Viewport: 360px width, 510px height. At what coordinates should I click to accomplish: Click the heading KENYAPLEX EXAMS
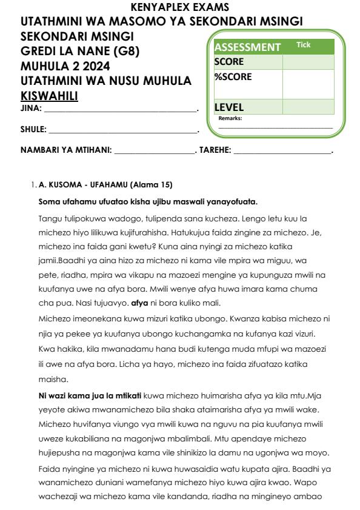[180, 7]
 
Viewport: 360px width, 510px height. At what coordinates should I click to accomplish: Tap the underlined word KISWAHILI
[50, 96]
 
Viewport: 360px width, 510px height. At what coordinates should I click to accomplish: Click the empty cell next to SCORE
[308, 62]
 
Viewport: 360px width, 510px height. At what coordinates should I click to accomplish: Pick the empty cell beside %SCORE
[308, 84]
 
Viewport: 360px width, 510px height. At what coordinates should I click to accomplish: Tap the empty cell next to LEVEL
[308, 107]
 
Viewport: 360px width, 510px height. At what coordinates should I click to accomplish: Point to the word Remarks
[230, 118]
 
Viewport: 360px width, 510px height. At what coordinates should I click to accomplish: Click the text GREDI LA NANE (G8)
[80, 52]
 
